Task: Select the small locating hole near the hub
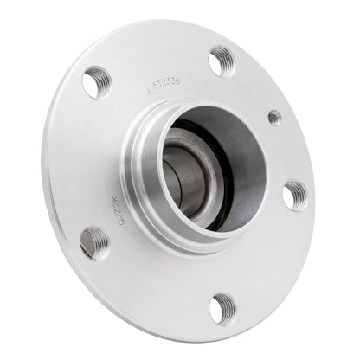click(x=274, y=117)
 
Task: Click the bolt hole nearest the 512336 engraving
click(x=222, y=61)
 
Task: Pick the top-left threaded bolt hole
click(x=96, y=82)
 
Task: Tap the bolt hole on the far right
click(x=295, y=195)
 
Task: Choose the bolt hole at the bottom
click(x=223, y=307)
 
